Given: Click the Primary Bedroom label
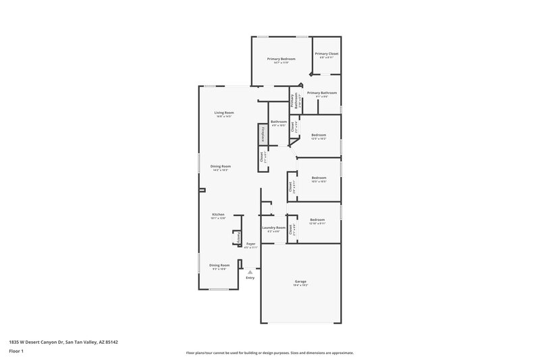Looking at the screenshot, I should [x=281, y=59].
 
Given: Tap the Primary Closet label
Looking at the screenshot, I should [x=327, y=53].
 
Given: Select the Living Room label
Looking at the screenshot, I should [x=224, y=112].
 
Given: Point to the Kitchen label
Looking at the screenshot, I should [x=218, y=214].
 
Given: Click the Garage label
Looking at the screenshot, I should [x=300, y=281].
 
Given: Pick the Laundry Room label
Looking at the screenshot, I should [x=274, y=228].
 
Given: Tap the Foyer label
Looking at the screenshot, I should [x=250, y=243].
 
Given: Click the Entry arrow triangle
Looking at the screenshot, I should [x=250, y=272].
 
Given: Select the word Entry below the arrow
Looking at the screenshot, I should [x=250, y=278].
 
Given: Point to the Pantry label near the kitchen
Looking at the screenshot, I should [x=238, y=238].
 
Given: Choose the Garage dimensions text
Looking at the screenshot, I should [x=300, y=285].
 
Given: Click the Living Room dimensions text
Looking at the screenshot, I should [x=224, y=116].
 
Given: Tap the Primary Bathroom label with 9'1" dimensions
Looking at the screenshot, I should [x=321, y=93].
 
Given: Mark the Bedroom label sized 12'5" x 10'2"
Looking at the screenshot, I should [x=319, y=135].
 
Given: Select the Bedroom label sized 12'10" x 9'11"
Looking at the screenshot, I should [x=317, y=220].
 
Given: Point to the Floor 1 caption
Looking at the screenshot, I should [x=17, y=352].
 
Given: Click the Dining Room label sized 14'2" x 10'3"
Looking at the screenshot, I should [x=220, y=166].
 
